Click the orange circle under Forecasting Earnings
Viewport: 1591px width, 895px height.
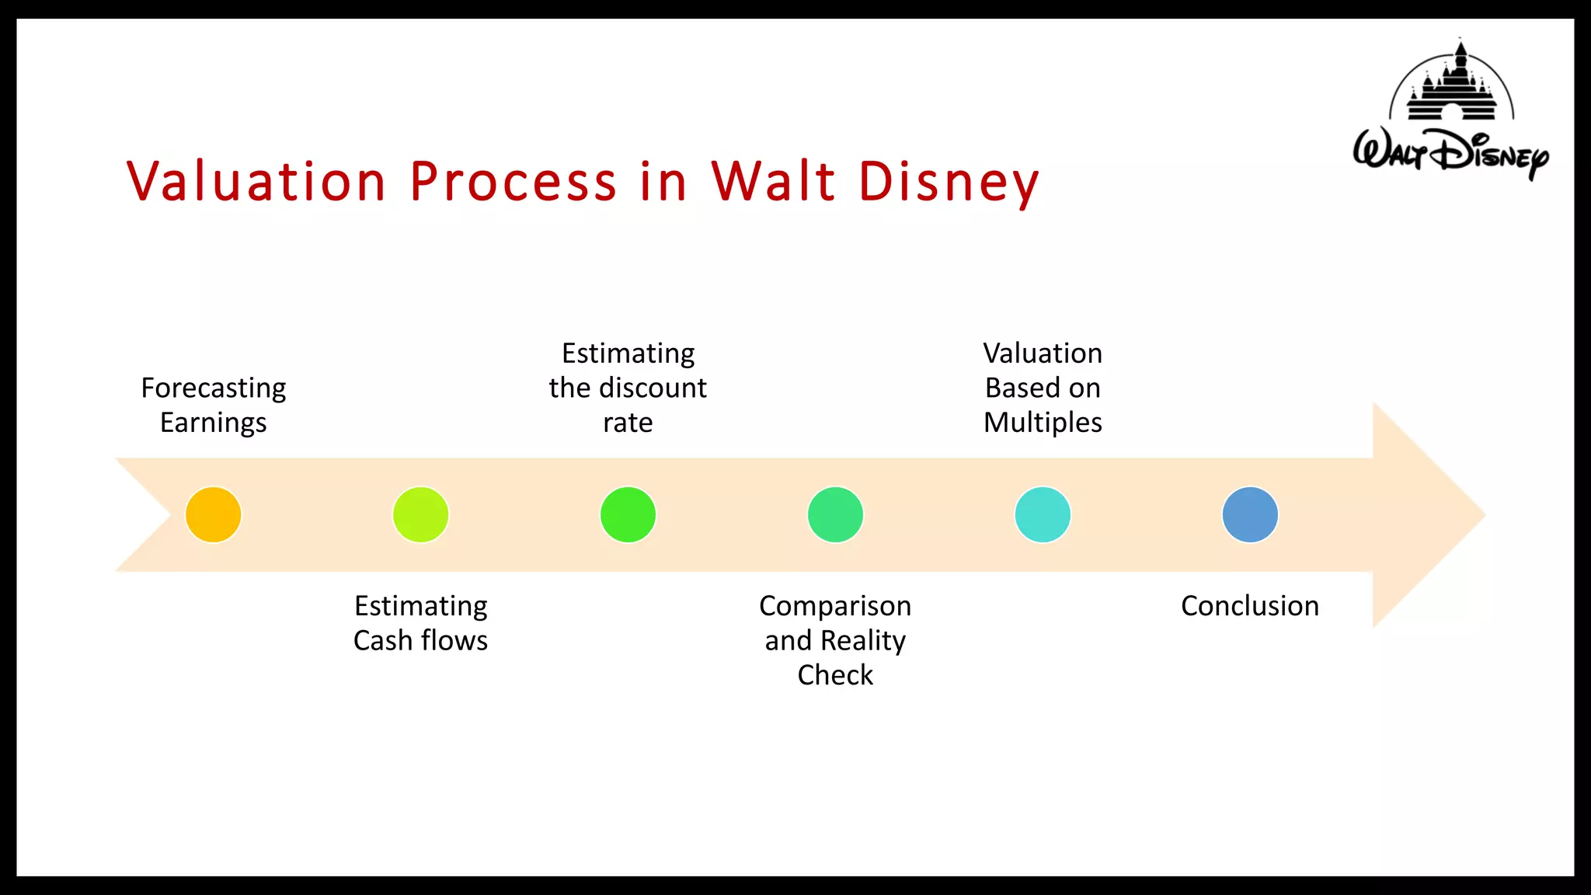click(213, 514)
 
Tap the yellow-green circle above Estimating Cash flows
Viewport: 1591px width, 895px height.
click(420, 514)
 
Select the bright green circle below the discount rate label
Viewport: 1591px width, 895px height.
click(628, 514)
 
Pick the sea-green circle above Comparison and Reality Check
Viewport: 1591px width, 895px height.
click(835, 514)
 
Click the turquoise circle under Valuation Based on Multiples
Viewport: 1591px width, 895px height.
click(1043, 514)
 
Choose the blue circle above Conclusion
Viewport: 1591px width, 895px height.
click(1250, 514)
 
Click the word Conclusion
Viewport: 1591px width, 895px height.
click(1250, 606)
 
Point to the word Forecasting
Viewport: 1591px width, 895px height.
click(213, 388)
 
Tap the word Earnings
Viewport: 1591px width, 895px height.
click(213, 423)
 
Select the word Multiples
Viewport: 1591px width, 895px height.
click(1043, 423)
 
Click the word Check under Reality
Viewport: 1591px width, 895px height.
click(835, 675)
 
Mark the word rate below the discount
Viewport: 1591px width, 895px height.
click(628, 423)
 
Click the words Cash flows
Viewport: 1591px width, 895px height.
click(420, 641)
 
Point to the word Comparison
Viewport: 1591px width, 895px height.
click(835, 606)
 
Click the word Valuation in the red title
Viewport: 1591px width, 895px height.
click(256, 182)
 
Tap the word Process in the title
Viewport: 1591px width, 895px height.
click(513, 182)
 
